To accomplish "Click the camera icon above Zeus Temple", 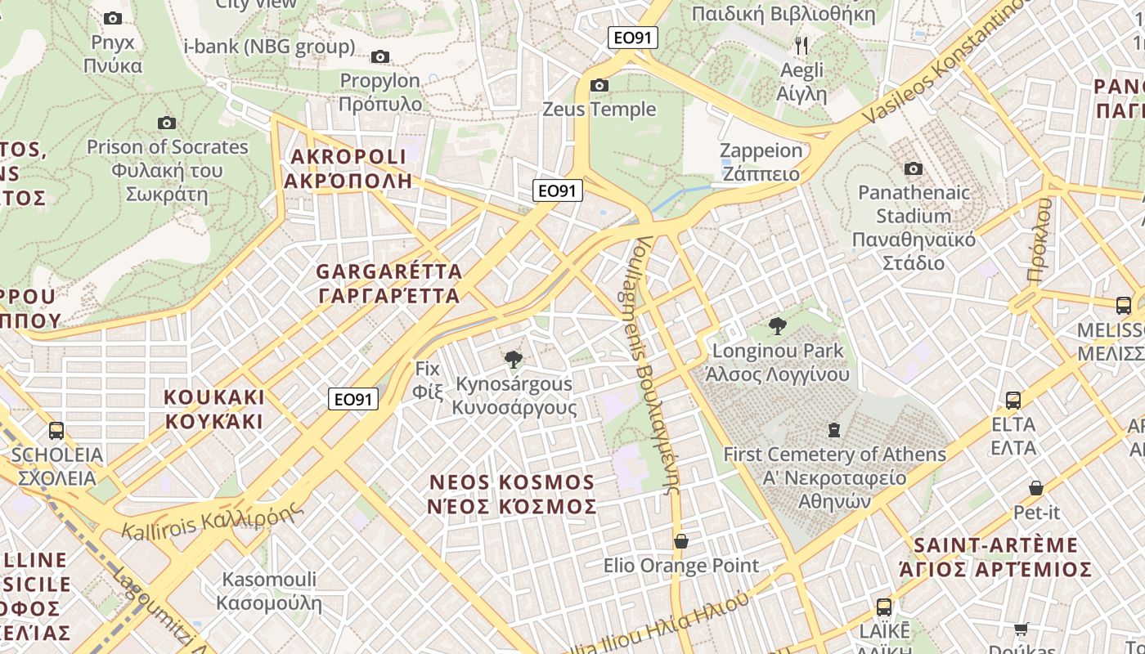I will [599, 85].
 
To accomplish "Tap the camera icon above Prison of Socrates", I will [167, 123].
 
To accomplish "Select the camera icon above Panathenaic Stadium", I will [914, 168].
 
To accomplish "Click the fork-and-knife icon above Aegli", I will [801, 45].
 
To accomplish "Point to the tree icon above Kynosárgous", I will [514, 359].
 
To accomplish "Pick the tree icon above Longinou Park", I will [777, 326].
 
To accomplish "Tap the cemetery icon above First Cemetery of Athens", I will [834, 429].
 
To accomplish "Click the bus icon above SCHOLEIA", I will [56, 430].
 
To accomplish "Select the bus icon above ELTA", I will [1013, 400].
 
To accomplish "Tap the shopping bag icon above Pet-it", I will [1036, 488].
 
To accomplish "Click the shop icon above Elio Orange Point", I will [680, 540].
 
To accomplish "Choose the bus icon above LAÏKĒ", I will [884, 607].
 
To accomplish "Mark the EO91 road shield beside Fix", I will [353, 399].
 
